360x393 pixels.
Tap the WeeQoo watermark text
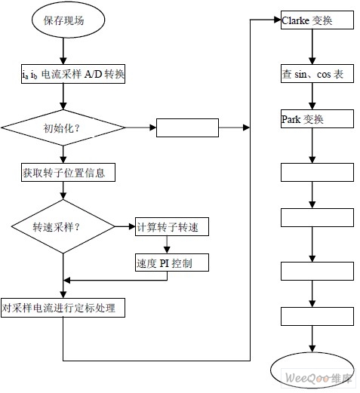318,378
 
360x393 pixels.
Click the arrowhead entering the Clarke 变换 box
278,20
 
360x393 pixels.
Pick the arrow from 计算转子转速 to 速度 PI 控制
167,244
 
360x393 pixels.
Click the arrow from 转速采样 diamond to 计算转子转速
125,226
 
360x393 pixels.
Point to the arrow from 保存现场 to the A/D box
63,51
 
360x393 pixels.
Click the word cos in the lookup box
324,75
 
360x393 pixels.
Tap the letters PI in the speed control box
165,263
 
